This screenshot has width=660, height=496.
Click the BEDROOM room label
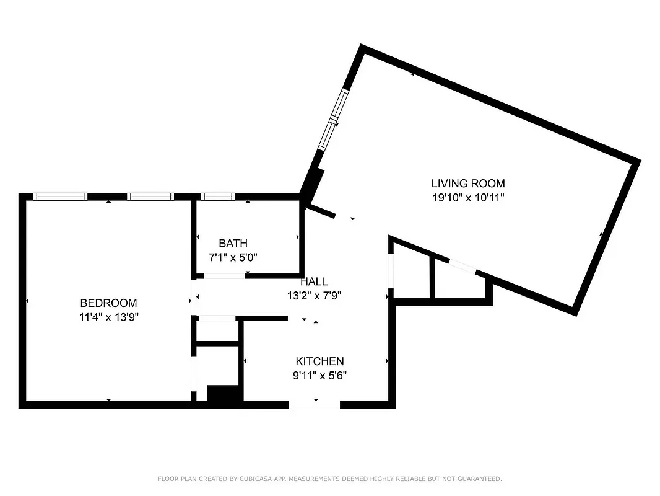108,303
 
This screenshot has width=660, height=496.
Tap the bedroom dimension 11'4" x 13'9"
108,316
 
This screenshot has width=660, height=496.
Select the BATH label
233,244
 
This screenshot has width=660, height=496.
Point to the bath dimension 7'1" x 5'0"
233,257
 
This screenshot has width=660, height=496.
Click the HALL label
314,282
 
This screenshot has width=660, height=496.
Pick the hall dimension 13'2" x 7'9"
314,296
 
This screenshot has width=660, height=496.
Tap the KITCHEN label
319,361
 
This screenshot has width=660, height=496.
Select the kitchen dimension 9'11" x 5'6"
319,375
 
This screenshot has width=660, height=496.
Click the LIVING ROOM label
468,184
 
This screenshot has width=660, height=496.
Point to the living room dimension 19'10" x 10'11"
468,198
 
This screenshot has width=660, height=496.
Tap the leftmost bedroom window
60,197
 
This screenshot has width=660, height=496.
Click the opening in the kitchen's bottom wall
315,405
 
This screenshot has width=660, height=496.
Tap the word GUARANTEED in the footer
476,479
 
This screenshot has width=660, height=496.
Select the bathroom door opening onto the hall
224,275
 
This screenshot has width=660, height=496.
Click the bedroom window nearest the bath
150,197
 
